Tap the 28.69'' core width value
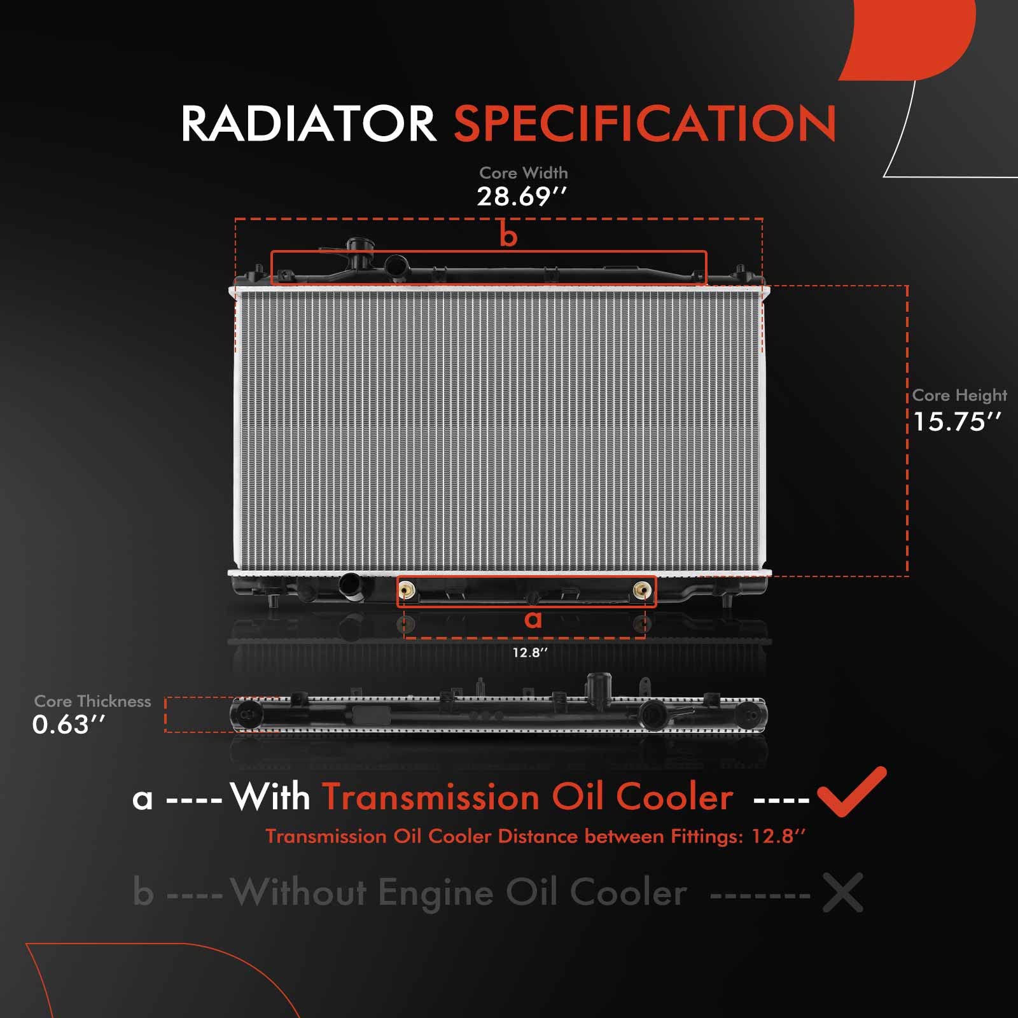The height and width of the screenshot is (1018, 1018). pos(521,197)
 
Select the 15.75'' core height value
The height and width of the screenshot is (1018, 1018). pos(957,421)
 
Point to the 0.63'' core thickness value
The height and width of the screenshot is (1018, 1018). pos(69,725)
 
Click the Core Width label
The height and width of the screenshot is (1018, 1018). pos(523,172)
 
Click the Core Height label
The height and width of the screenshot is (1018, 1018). pos(959,395)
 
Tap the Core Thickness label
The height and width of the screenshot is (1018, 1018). pos(92,701)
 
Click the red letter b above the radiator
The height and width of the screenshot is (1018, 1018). pos(508,235)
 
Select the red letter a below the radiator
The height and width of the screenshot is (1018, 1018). pos(533,619)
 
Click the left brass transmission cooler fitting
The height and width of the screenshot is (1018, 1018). pos(407,590)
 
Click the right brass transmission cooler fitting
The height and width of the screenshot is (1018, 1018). pos(643,590)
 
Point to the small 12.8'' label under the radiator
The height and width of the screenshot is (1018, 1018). pos(530,652)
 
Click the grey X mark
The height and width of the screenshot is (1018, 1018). pos(842,892)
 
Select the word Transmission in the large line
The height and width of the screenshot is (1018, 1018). pos(430,797)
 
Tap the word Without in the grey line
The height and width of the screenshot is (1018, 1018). pos(298,892)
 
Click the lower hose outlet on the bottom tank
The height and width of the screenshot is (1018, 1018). pos(351,584)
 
